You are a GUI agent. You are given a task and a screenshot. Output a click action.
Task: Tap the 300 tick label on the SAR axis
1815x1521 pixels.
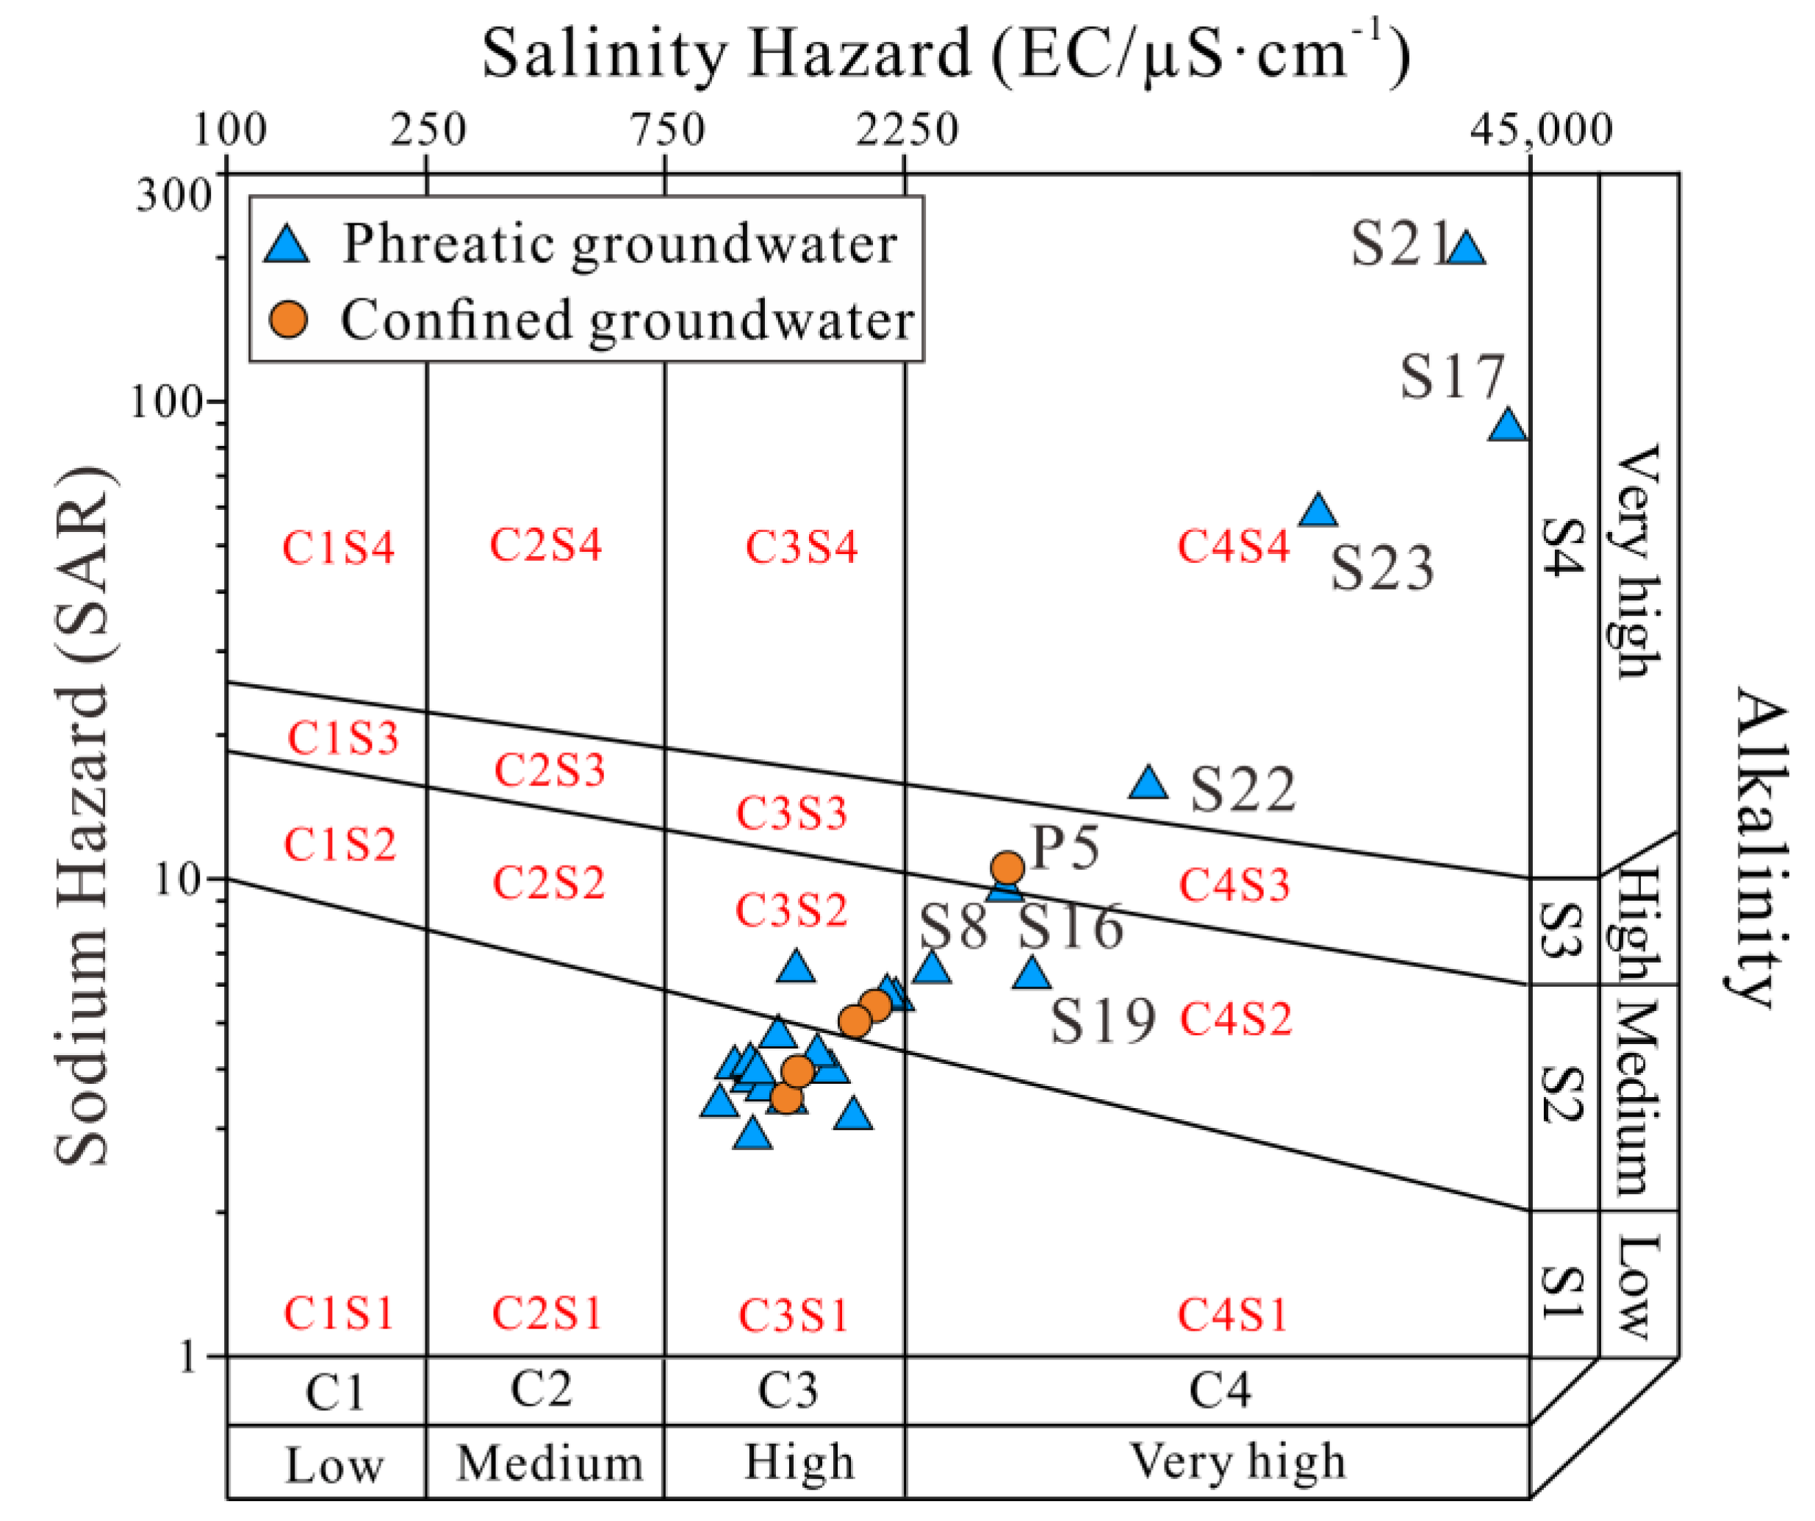pos(173,196)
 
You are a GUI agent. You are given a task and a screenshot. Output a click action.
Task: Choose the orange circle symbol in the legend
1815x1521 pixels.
pos(288,320)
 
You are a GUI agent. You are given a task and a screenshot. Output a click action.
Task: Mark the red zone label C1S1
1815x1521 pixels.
pos(339,1314)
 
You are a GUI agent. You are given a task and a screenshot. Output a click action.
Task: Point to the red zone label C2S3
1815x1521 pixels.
pos(549,769)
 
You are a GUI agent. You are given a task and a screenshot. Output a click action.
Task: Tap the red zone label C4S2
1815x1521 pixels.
pos(1236,1019)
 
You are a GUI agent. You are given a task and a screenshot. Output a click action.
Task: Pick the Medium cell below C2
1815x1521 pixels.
pos(549,1463)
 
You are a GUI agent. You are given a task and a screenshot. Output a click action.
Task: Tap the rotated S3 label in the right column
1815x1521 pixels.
pos(1563,931)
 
